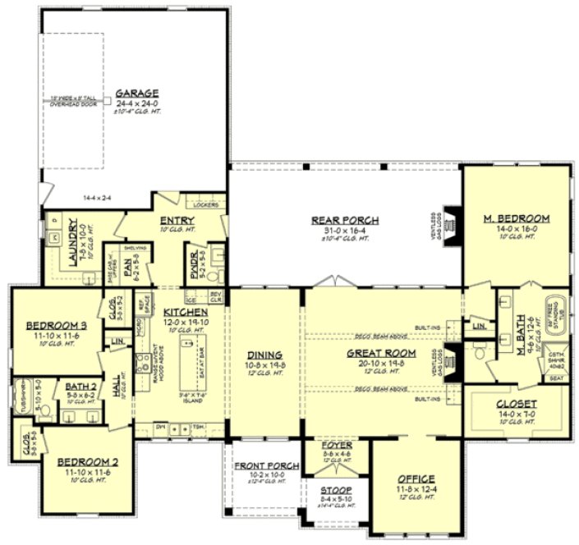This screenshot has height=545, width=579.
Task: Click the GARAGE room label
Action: click(136, 93)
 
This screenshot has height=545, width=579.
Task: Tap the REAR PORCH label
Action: click(344, 220)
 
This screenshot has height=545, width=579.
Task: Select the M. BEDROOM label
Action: click(516, 218)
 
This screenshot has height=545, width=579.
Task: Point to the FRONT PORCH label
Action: click(259, 466)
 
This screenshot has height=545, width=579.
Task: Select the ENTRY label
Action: click(177, 220)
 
